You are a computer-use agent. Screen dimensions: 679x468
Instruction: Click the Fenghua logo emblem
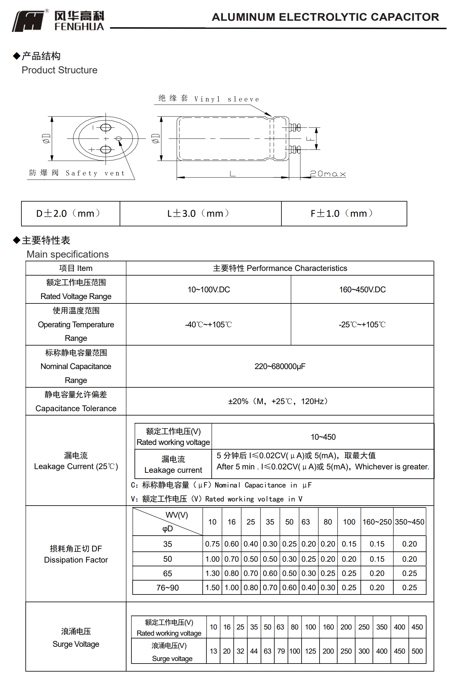pyautogui.click(x=29, y=21)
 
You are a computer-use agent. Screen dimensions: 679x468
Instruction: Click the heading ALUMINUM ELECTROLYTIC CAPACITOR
pyautogui.click(x=325, y=17)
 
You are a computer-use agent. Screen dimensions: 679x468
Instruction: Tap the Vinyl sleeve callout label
pyautogui.click(x=227, y=99)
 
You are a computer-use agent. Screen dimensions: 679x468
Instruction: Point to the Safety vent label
pyautogui.click(x=95, y=173)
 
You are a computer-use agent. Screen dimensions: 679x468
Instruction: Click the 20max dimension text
pyautogui.click(x=328, y=174)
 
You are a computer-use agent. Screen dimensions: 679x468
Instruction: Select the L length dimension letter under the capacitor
pyautogui.click(x=232, y=174)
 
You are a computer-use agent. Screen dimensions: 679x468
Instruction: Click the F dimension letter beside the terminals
pyautogui.click(x=310, y=139)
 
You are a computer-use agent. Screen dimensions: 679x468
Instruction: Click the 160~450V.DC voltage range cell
pyautogui.click(x=362, y=289)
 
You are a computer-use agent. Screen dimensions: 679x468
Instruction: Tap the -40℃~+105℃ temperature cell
pyautogui.click(x=208, y=324)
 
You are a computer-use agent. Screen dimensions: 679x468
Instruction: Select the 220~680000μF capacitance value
pyautogui.click(x=280, y=366)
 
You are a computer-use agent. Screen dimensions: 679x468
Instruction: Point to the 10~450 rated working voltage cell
pyautogui.click(x=323, y=437)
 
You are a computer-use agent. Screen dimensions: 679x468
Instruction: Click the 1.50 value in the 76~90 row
pyautogui.click(x=212, y=588)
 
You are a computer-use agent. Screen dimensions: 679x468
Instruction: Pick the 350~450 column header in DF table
pyautogui.click(x=409, y=522)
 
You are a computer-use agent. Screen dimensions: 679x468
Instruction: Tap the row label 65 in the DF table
pyautogui.click(x=167, y=573)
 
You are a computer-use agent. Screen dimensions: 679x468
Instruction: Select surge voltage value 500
pyautogui.click(x=417, y=651)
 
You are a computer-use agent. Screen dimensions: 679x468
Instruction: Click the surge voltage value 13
pyautogui.click(x=213, y=651)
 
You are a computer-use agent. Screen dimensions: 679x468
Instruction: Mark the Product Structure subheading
pyautogui.click(x=60, y=70)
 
